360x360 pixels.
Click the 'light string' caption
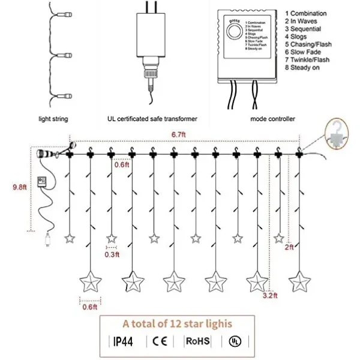pos(53,119)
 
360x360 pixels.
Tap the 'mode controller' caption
pos(272,119)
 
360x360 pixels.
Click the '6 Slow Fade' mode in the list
pos(304,52)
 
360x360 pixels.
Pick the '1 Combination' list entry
pos(306,13)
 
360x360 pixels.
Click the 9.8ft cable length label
pos(19,187)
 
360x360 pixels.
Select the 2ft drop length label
pos(289,247)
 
